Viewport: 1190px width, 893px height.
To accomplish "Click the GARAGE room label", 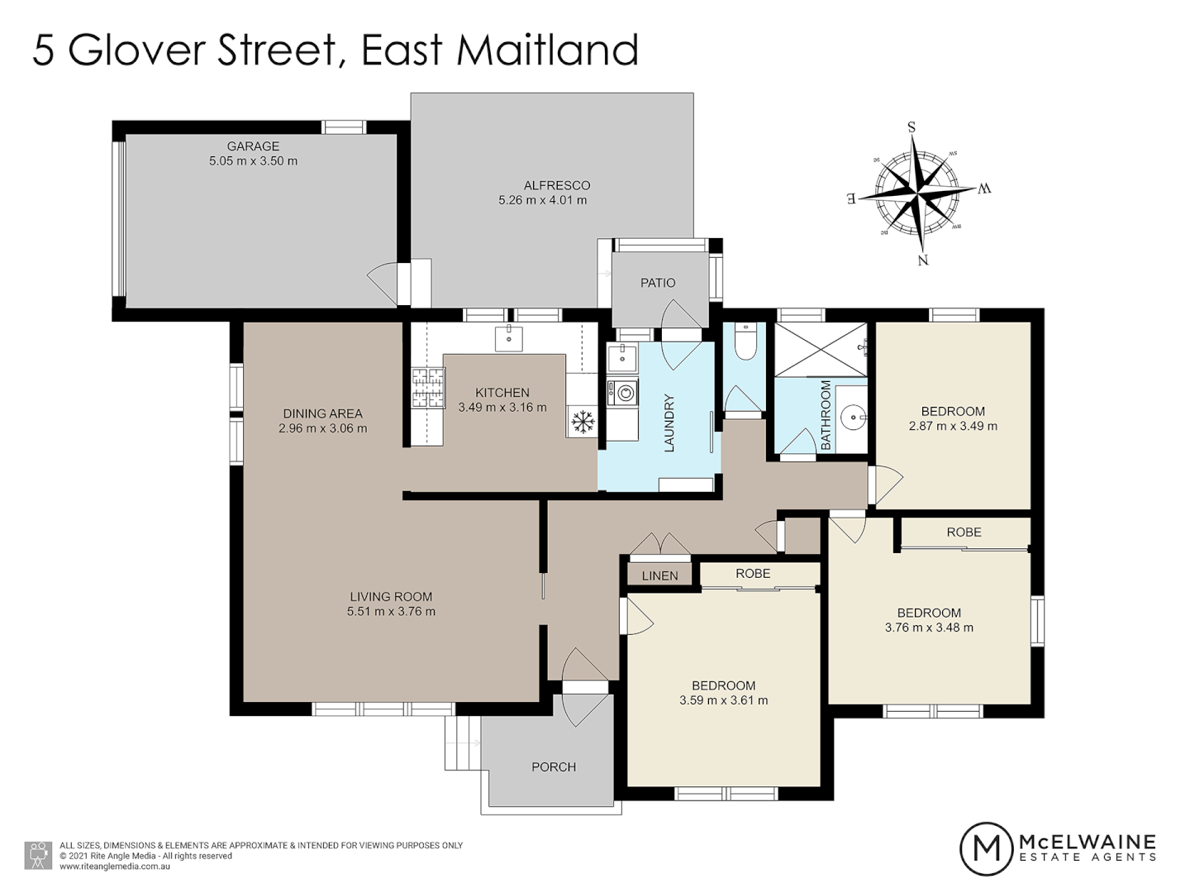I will tap(253, 146).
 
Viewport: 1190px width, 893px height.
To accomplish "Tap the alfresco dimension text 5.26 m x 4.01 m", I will tap(543, 200).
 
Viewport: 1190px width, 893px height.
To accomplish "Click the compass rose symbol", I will tap(918, 195).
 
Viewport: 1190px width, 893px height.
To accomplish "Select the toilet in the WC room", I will tap(745, 342).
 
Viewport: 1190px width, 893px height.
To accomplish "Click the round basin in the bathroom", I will tap(853, 418).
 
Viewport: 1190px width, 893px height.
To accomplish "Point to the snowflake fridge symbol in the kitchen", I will tap(583, 422).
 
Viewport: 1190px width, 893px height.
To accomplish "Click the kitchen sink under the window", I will tap(509, 337).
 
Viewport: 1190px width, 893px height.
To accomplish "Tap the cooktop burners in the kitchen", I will tap(428, 389).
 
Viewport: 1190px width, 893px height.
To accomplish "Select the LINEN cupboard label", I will tap(659, 575).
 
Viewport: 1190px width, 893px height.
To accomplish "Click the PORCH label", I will tap(554, 767).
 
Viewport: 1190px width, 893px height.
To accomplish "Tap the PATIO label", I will tap(658, 283).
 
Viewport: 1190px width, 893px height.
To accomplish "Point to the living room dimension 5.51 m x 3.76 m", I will tap(391, 612).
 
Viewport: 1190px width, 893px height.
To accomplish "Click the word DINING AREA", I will tap(322, 413).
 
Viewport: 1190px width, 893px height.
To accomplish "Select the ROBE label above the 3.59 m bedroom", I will tap(753, 574).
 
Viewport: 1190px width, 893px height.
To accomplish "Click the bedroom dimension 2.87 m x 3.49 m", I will tap(953, 427).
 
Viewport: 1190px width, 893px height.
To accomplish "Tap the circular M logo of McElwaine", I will tap(987, 848).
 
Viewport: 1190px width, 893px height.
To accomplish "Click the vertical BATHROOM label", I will tap(826, 415).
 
